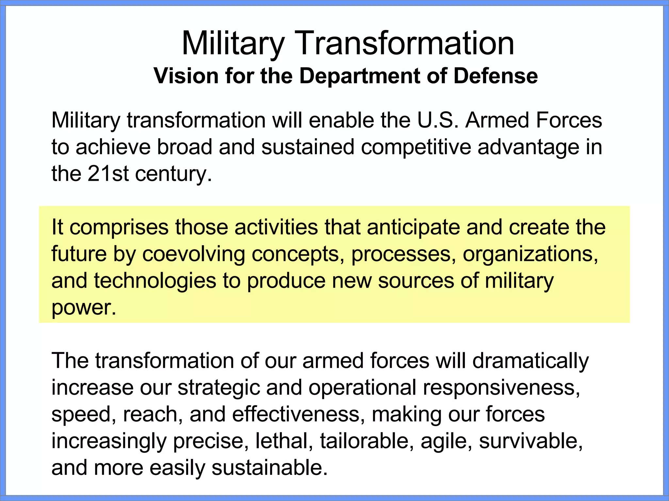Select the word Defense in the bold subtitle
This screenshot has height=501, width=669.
(496, 76)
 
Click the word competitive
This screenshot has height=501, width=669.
(416, 147)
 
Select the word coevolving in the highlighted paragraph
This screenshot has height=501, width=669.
(193, 254)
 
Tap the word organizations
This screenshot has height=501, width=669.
(530, 254)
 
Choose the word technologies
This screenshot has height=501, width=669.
(155, 281)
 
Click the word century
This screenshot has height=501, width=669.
(173, 174)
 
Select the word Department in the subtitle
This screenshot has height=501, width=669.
(360, 76)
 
